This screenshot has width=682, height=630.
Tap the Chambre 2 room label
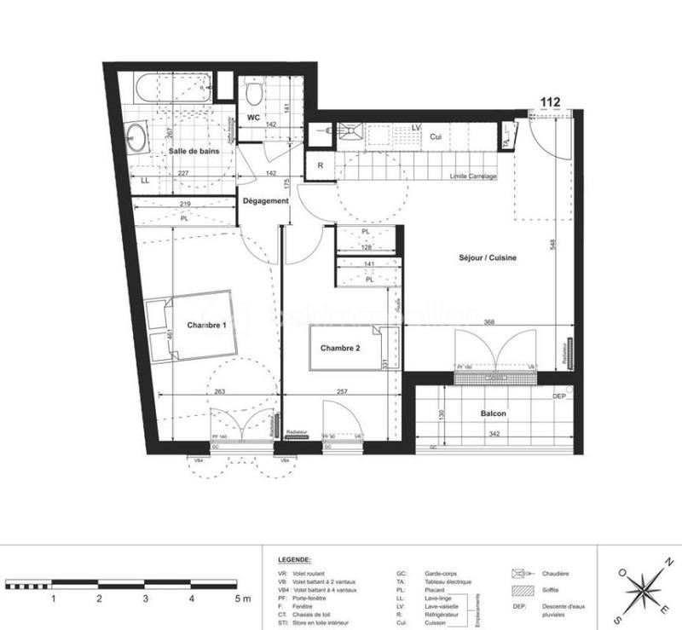click(341, 348)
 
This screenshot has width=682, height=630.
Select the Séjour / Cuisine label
click(489, 257)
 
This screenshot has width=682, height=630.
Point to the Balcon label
click(493, 413)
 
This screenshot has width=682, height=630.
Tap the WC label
click(253, 117)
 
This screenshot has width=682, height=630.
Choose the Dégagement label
click(265, 201)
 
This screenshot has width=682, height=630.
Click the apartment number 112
click(550, 102)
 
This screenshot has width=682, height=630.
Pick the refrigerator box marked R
click(320, 165)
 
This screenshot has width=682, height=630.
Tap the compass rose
click(644, 588)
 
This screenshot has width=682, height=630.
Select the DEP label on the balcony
click(560, 396)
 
